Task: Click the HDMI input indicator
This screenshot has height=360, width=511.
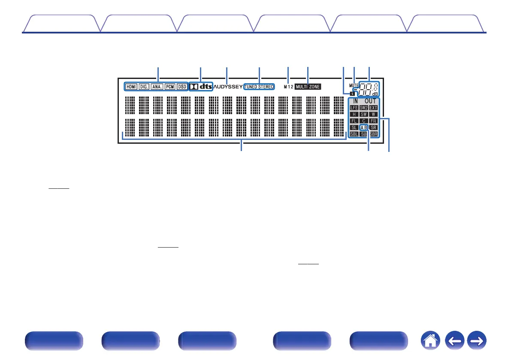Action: [x=131, y=87]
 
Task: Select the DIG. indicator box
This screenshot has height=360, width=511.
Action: [x=144, y=87]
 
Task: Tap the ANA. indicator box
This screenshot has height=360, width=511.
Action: [x=157, y=87]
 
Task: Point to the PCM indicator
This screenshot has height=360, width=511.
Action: [x=169, y=87]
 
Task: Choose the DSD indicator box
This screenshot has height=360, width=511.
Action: [x=182, y=87]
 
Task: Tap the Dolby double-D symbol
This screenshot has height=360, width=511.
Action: [x=194, y=86]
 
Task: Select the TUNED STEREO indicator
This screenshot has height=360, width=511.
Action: [x=259, y=87]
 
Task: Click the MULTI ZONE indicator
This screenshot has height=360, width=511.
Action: [x=308, y=87]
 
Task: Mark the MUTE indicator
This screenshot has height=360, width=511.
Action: [x=354, y=86]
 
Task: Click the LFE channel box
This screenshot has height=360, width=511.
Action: [x=354, y=107]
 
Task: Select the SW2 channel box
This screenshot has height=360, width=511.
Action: [x=364, y=107]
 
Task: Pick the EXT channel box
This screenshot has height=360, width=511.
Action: [x=373, y=107]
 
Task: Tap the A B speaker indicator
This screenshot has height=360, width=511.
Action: [x=363, y=127]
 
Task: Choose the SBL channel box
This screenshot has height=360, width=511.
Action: [x=354, y=134]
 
